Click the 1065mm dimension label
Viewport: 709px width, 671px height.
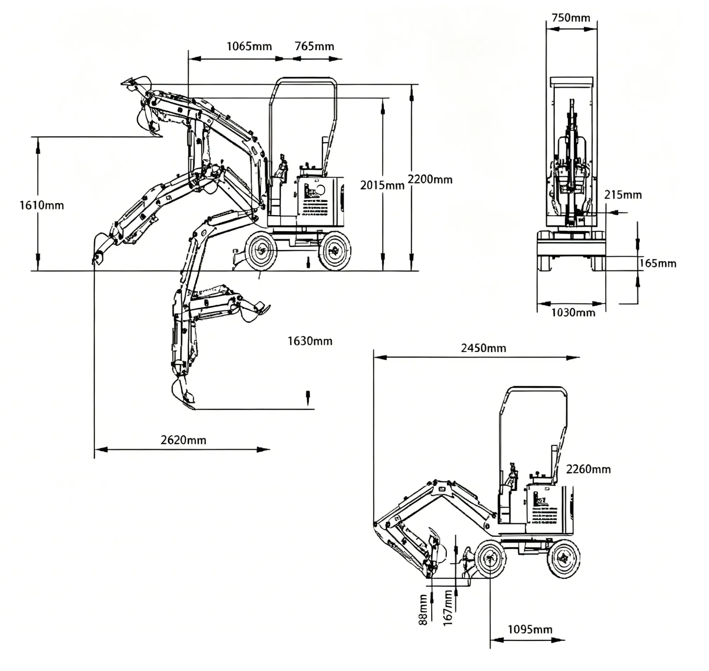pos(249,46)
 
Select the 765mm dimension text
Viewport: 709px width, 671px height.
pos(314,46)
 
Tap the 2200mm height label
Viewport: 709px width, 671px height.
pos(430,179)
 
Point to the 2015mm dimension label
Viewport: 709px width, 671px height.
pos(382,185)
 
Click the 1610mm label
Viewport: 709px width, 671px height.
pos(42,205)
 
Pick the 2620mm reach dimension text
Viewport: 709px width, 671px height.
pos(183,440)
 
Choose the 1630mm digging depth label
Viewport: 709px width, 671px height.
pos(310,341)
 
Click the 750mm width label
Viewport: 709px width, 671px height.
pos(571,17)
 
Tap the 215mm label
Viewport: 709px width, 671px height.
pos(623,195)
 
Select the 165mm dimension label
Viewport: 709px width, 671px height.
pos(658,264)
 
